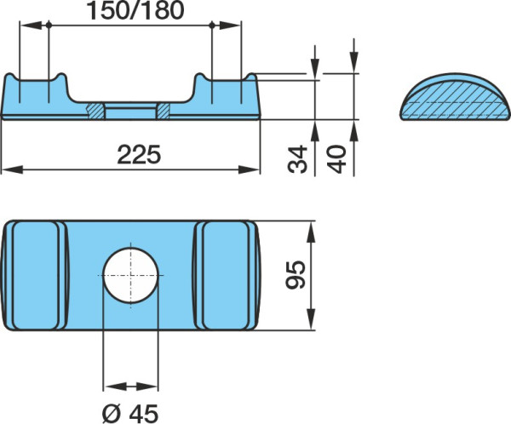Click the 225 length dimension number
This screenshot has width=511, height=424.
[x=139, y=154]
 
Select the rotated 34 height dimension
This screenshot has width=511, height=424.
[x=297, y=159]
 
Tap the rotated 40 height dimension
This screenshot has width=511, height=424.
[x=336, y=159]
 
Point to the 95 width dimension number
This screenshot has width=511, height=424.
[x=296, y=275]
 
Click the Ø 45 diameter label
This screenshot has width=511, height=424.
[x=130, y=414]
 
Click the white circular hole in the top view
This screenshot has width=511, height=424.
[x=130, y=275]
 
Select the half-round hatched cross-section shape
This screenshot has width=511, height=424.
[x=455, y=97]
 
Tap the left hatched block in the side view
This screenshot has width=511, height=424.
[x=95, y=112]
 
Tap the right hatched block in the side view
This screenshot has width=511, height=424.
[x=164, y=112]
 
